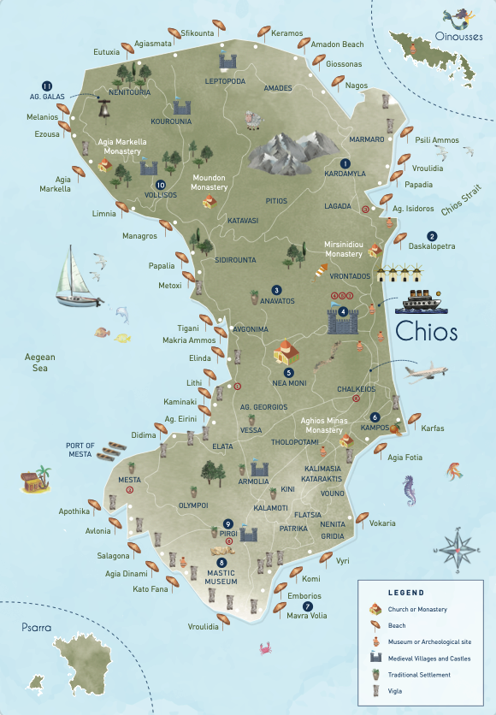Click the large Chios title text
(x=427, y=331)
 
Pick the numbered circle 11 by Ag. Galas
(x=47, y=85)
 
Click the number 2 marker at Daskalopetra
(x=432, y=236)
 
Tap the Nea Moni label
(x=289, y=383)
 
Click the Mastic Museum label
(x=221, y=577)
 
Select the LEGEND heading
(x=405, y=592)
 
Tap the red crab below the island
(x=265, y=648)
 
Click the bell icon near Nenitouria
(x=104, y=109)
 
